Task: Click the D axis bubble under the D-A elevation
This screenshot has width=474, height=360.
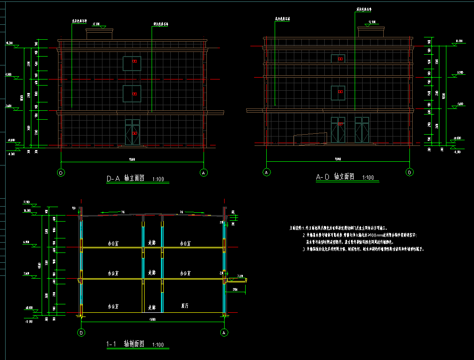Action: [x=61, y=173]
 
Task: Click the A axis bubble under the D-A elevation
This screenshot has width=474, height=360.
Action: [x=204, y=173]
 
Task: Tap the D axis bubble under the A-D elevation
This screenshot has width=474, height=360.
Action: [x=410, y=172]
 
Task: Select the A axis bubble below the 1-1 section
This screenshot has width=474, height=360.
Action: [x=224, y=333]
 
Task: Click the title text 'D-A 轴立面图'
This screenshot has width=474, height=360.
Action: [x=125, y=178]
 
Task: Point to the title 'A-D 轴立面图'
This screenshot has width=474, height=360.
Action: [x=335, y=177]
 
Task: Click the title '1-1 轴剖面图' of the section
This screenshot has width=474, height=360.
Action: [x=125, y=344]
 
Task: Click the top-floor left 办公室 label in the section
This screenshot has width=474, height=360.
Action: [x=113, y=243]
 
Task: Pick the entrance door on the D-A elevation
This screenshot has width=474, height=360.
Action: [x=133, y=132]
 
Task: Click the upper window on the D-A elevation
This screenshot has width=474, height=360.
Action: [x=132, y=63]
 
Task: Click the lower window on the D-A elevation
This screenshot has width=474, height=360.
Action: [x=132, y=94]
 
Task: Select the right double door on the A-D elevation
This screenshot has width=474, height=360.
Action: [x=362, y=130]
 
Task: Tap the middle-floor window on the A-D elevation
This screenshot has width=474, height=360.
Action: [x=338, y=93]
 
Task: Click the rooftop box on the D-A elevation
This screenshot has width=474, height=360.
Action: [x=100, y=34]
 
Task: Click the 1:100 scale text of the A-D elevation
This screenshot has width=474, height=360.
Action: [x=368, y=178]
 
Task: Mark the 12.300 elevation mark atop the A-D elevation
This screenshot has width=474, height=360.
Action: [x=372, y=22]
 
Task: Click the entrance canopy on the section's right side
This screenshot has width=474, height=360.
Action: [x=237, y=280]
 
